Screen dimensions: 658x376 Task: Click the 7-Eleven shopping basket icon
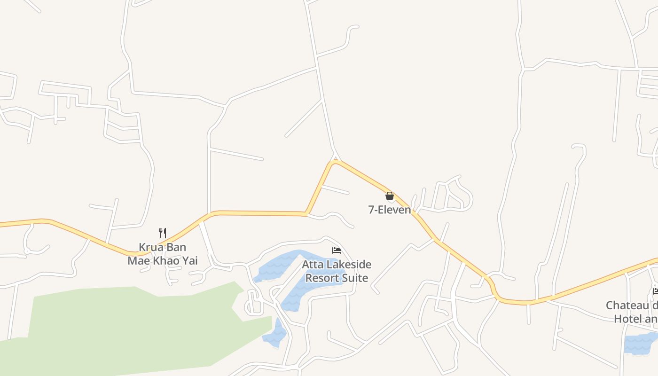[x=390, y=196]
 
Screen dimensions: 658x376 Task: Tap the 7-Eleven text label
[x=390, y=210]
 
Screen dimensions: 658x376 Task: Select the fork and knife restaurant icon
[x=163, y=233]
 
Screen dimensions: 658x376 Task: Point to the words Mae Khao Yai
[x=163, y=260]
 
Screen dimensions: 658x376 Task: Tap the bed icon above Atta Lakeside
[x=337, y=251]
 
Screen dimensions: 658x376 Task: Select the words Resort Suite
[x=337, y=278]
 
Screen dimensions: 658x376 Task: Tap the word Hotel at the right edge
[x=627, y=319]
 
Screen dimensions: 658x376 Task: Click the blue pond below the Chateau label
[x=640, y=343]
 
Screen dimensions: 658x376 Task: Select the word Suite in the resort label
[x=355, y=278]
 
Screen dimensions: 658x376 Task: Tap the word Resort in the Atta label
[x=322, y=278]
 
